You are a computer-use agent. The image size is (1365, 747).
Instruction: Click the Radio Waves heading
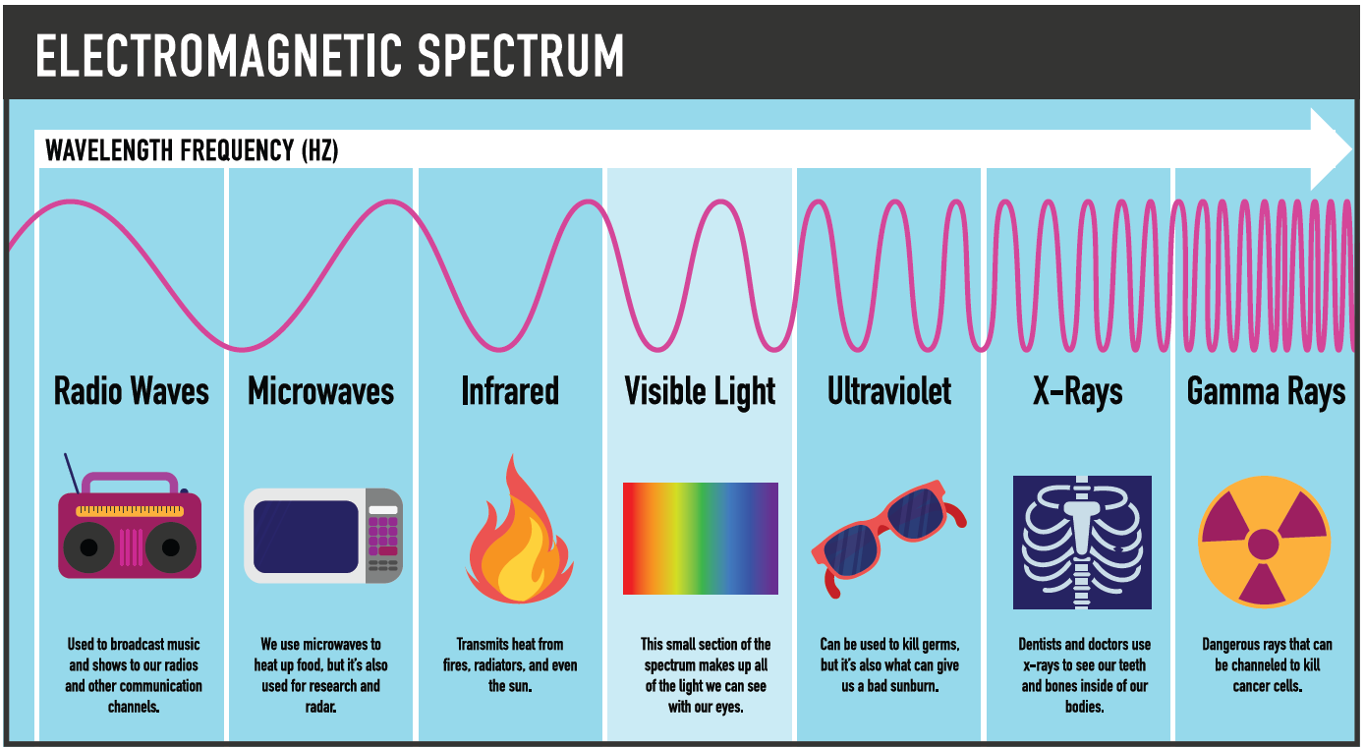pyautogui.click(x=132, y=392)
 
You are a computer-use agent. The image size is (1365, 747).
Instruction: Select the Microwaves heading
pyautogui.click(x=320, y=392)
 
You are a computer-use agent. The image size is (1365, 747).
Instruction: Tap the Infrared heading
pyautogui.click(x=510, y=392)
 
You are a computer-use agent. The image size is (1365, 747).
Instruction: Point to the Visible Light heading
pyautogui.click(x=700, y=392)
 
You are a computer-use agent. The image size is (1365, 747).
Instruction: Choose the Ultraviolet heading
pyautogui.click(x=889, y=392)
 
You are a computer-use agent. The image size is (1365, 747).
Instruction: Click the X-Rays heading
pyautogui.click(x=1078, y=392)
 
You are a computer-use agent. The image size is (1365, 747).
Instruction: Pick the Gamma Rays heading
pyautogui.click(x=1266, y=392)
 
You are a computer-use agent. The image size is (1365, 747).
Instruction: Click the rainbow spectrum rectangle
pyautogui.click(x=701, y=539)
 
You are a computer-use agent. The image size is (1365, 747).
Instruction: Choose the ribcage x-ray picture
pyautogui.click(x=1082, y=543)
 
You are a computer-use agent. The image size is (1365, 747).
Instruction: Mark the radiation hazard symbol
pyautogui.click(x=1264, y=542)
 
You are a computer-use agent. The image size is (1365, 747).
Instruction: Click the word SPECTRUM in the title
pyautogui.click(x=520, y=56)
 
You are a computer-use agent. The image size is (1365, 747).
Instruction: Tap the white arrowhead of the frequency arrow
pyautogui.click(x=1333, y=149)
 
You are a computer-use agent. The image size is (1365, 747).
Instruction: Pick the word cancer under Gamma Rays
pyautogui.click(x=1252, y=686)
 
